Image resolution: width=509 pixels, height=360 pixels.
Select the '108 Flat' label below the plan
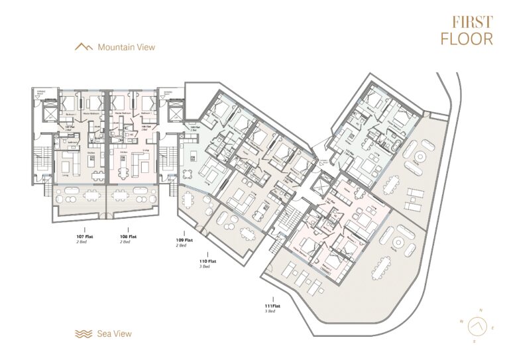coord(129,235)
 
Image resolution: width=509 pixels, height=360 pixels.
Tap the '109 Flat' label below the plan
coord(184,239)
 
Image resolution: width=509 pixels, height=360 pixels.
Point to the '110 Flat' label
coord(208,261)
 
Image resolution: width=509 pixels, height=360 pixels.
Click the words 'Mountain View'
coord(126,47)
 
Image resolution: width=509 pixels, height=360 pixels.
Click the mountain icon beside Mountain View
coord(84,47)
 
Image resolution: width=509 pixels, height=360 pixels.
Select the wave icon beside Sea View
coord(84,333)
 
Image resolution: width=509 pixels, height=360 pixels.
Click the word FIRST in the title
coord(467,22)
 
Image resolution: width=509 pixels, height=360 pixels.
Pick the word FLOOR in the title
coord(467,38)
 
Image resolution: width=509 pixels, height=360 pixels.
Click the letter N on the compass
coord(482,310)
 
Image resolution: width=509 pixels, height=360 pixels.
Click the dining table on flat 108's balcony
coord(122,196)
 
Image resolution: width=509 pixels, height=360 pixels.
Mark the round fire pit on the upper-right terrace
coord(420,159)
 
